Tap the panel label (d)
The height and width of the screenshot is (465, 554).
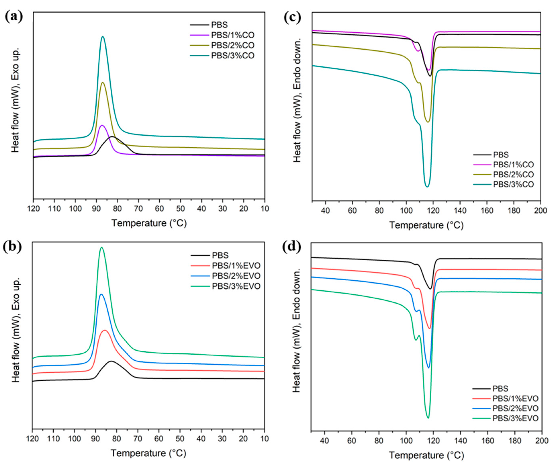click(x=292, y=247)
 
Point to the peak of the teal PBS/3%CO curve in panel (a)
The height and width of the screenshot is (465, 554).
click(x=103, y=37)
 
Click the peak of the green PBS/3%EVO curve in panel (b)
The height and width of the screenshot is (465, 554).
click(x=101, y=247)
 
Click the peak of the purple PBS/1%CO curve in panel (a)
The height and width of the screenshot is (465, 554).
click(x=102, y=125)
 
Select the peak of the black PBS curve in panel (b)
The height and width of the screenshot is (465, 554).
click(x=111, y=361)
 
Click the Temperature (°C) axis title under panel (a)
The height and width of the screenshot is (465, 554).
click(x=149, y=223)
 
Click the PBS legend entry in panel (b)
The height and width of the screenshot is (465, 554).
click(x=220, y=255)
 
